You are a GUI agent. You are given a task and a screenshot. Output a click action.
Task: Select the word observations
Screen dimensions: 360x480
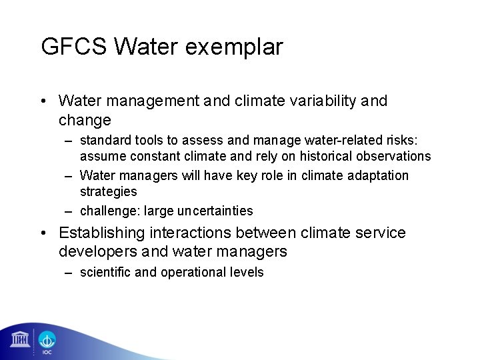point(393,157)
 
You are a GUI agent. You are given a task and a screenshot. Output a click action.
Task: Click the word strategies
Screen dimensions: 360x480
point(109,191)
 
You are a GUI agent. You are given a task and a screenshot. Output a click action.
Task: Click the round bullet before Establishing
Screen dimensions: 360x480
point(44,233)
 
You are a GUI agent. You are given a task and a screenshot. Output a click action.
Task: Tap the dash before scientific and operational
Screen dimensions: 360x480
point(69,273)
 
